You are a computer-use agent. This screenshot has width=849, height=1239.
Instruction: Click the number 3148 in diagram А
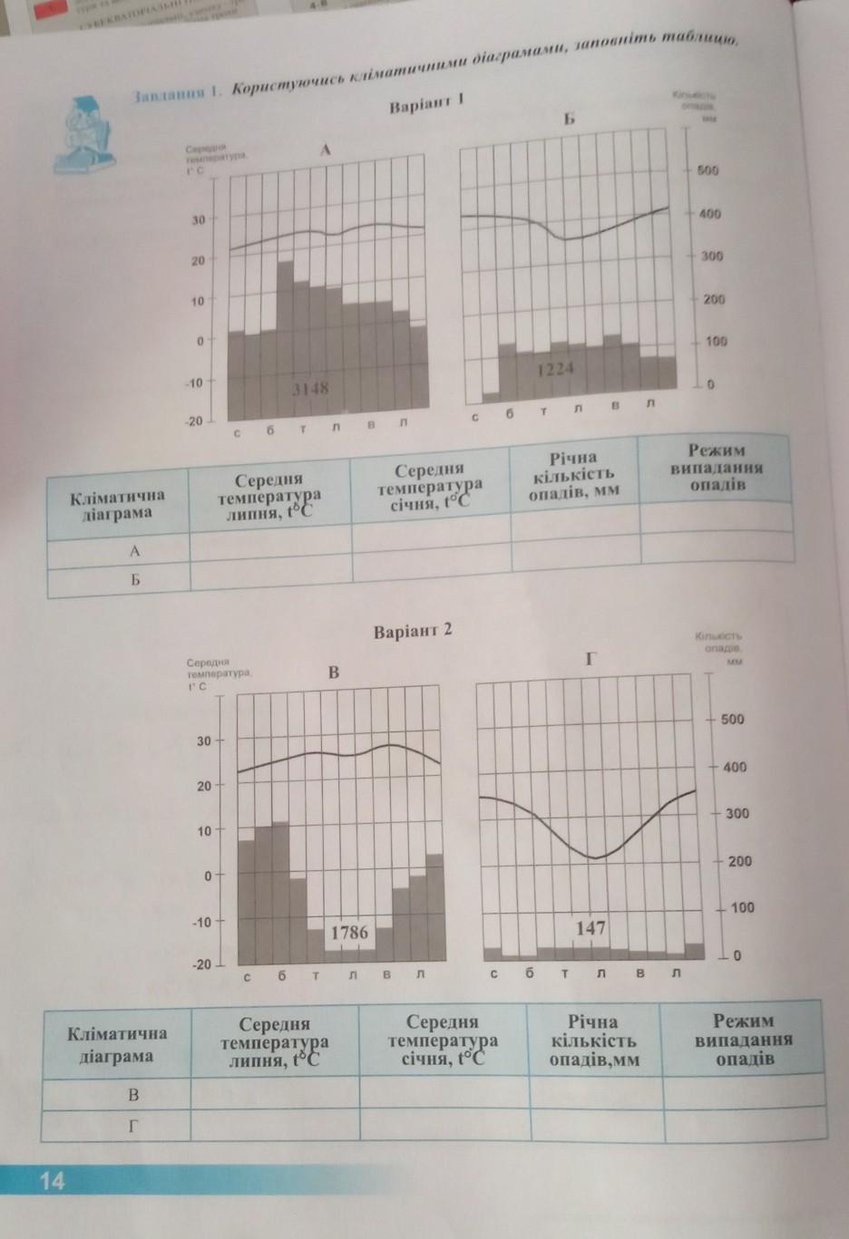tap(310, 388)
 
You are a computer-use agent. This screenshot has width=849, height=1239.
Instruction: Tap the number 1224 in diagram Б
tap(555, 370)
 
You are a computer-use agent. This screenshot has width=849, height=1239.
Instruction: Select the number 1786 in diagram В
tap(349, 932)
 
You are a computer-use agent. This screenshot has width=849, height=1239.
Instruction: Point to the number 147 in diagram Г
tap(590, 928)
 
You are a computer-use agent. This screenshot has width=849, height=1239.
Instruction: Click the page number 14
tap(52, 1180)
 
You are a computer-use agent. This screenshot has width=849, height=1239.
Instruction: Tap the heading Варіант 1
tap(426, 105)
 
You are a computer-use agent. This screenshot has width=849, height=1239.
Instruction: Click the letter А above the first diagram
tap(324, 151)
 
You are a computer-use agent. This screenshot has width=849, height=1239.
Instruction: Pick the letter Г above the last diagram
tap(590, 659)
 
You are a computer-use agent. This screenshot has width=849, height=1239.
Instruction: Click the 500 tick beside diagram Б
tap(707, 170)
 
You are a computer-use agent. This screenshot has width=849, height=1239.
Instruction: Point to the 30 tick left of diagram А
tap(198, 219)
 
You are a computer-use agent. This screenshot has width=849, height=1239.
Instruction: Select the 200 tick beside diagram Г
tap(739, 860)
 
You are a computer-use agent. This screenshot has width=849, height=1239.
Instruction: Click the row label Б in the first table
tap(134, 578)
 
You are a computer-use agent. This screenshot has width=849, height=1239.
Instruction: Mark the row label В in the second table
tap(133, 1094)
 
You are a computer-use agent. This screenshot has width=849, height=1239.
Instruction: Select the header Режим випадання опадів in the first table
tap(716, 467)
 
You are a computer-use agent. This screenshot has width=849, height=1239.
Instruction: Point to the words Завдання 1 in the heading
tap(178, 94)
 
